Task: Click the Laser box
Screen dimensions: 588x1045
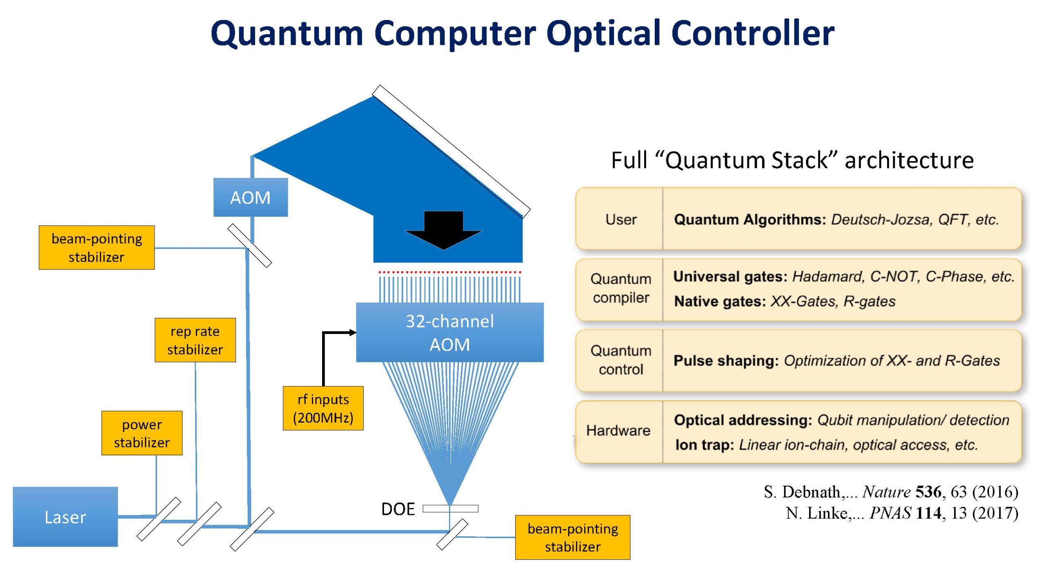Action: [x=65, y=517]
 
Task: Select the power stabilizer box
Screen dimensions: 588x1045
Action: [x=142, y=433]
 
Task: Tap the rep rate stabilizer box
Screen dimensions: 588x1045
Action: [x=195, y=340]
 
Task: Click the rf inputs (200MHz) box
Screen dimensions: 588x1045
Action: [x=323, y=408]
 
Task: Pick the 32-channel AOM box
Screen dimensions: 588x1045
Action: [x=449, y=332]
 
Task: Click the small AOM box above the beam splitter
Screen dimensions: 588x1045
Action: [x=250, y=197]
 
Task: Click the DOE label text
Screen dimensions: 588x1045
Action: [x=398, y=509]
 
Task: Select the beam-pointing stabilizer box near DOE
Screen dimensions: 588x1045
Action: [x=572, y=537]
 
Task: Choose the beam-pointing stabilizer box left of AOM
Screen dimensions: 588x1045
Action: [x=97, y=247]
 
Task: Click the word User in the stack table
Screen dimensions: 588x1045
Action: [x=620, y=220]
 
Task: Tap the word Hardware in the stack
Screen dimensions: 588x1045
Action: [x=618, y=430]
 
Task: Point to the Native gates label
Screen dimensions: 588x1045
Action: [x=720, y=301]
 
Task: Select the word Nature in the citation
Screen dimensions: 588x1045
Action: [x=886, y=492]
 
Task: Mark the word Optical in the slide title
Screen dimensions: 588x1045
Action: [x=605, y=33]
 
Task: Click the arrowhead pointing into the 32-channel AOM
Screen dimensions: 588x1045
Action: [x=353, y=333]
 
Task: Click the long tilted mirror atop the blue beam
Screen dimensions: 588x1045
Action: [x=451, y=151]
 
